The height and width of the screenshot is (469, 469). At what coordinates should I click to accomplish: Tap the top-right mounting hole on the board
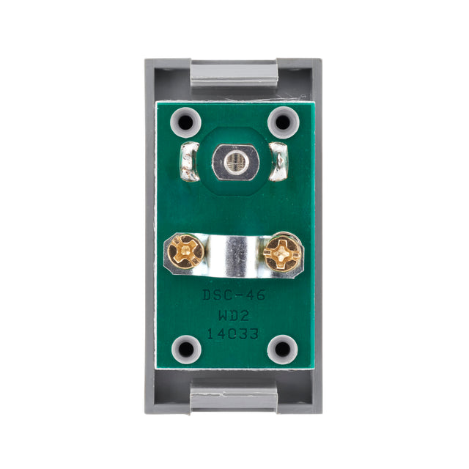pos(281,121)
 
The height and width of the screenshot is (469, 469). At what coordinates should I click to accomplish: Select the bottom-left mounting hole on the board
pos(186,349)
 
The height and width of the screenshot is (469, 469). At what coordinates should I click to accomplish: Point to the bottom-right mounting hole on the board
pos(281,349)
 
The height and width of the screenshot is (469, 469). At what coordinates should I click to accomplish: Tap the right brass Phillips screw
pos(283,254)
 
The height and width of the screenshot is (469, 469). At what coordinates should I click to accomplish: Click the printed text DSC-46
pos(233,296)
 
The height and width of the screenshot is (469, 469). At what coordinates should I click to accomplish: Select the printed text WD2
pos(233,315)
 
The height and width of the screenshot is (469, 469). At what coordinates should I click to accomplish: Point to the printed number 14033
pos(233,333)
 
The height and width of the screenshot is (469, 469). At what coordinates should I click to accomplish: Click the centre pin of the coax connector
pos(234,160)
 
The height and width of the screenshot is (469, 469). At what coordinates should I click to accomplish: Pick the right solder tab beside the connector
pos(281,161)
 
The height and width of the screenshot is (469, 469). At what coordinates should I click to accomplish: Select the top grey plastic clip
pos(234,73)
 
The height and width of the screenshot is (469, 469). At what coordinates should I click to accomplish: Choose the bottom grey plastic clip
pos(234,399)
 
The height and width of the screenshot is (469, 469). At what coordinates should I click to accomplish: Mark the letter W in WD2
pos(223,315)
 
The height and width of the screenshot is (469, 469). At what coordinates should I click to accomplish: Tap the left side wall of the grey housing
pos(149,234)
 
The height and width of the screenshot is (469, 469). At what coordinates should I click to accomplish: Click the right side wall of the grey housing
pos(318,234)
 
